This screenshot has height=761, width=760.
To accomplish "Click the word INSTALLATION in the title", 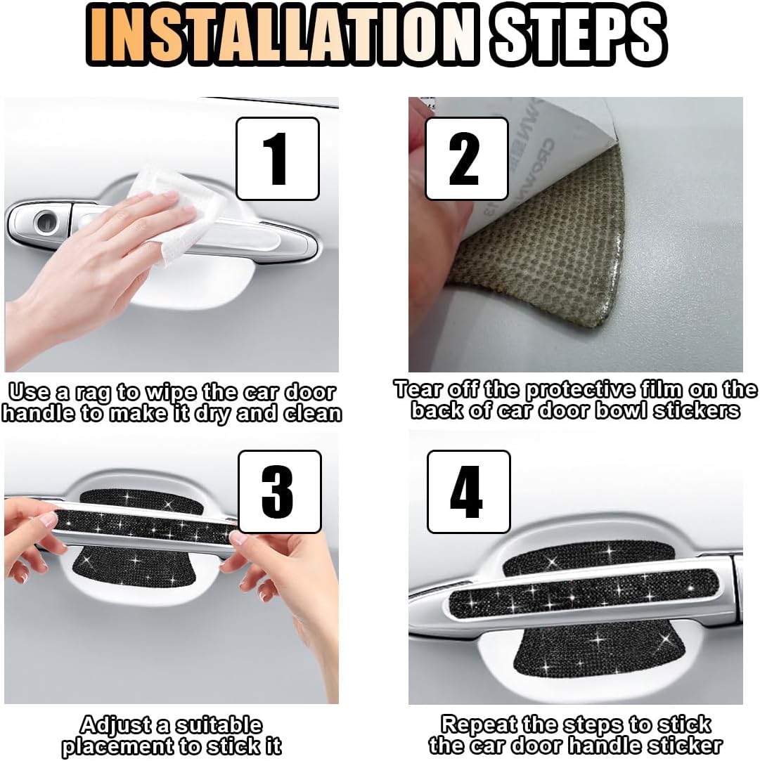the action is click(283, 34).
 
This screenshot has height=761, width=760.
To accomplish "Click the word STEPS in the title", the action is click(578, 34).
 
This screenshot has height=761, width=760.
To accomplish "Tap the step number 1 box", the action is click(278, 159).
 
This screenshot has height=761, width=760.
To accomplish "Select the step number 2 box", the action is click(467, 159).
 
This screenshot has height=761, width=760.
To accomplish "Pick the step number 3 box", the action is click(280, 492).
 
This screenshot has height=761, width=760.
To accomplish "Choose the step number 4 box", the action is click(469, 492).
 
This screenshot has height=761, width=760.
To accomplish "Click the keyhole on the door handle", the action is click(47, 222).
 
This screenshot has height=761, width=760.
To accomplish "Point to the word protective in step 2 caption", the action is click(580, 390).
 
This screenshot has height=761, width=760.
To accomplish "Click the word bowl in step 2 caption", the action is click(622, 410).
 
